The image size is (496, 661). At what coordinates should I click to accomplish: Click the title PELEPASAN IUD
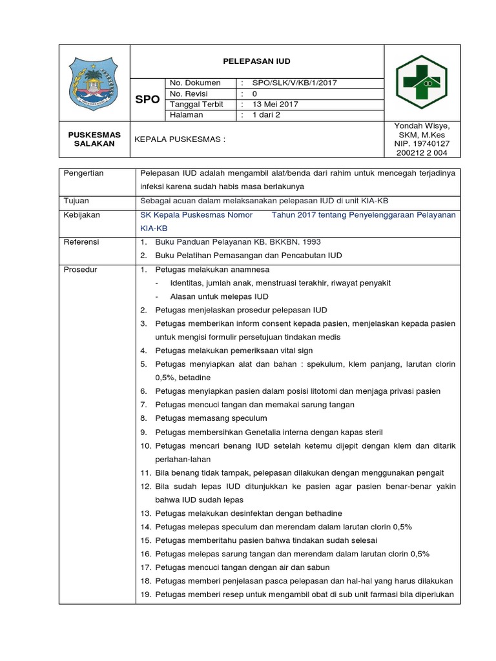pos(257,61)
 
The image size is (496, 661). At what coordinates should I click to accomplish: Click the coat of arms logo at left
pos(95,83)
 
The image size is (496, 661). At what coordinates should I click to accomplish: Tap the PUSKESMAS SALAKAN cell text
pos(95,139)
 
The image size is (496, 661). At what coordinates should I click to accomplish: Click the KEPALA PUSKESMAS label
pos(179,139)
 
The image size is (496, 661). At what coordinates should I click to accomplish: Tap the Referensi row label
pos(81,241)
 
